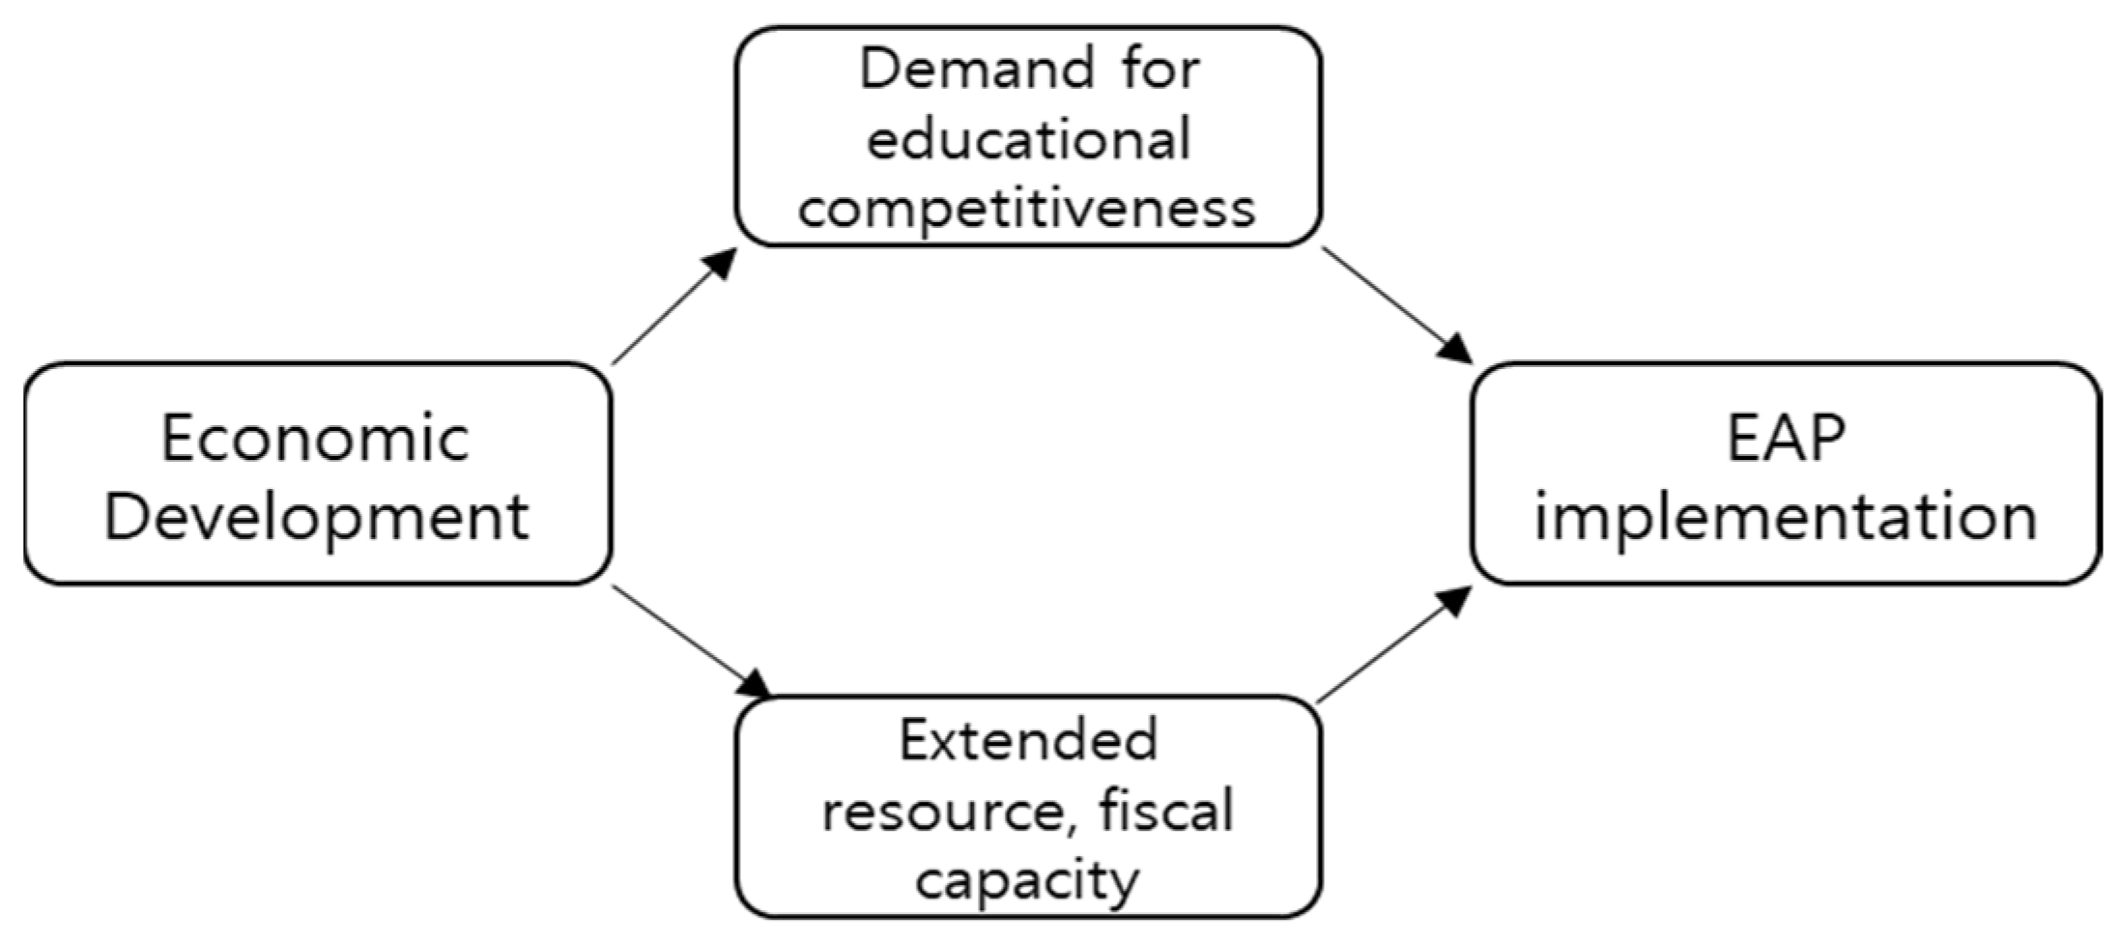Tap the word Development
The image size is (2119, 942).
coord(316,517)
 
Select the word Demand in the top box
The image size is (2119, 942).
coord(977,70)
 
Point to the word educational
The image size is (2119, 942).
coord(1028,139)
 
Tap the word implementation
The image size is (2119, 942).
coord(1786,517)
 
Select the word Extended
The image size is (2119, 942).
coord(1028,741)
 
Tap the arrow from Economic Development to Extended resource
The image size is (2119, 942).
coord(686,638)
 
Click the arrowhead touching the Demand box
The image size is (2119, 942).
coord(719,264)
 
